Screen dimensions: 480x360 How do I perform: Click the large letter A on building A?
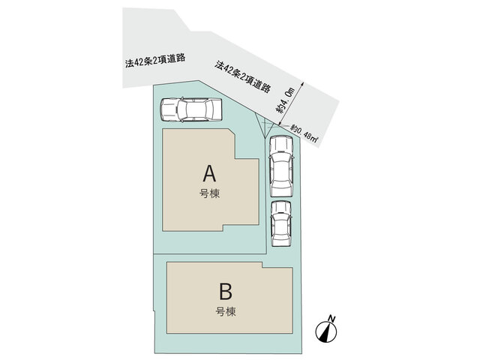(209, 173)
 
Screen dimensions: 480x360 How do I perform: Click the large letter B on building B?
(226, 292)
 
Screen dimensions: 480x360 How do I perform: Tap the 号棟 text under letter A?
(210, 193)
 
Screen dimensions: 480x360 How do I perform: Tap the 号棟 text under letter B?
(226, 312)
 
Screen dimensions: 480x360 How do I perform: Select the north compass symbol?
(326, 331)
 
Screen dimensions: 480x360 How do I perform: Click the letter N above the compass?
(331, 318)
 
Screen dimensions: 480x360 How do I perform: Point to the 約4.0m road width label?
(285, 100)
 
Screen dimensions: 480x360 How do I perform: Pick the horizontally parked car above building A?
(191, 109)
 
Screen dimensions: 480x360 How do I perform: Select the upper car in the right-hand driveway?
(281, 166)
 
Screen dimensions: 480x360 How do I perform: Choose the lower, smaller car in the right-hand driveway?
(281, 223)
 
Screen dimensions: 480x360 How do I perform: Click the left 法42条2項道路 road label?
(155, 60)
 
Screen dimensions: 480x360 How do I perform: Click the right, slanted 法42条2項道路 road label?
(243, 76)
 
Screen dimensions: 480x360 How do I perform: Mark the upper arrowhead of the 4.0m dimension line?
(302, 83)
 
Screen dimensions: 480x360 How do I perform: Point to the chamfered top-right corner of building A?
(232, 131)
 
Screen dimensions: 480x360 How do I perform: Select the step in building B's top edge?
(262, 265)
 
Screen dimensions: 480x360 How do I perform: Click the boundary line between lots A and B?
(210, 253)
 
